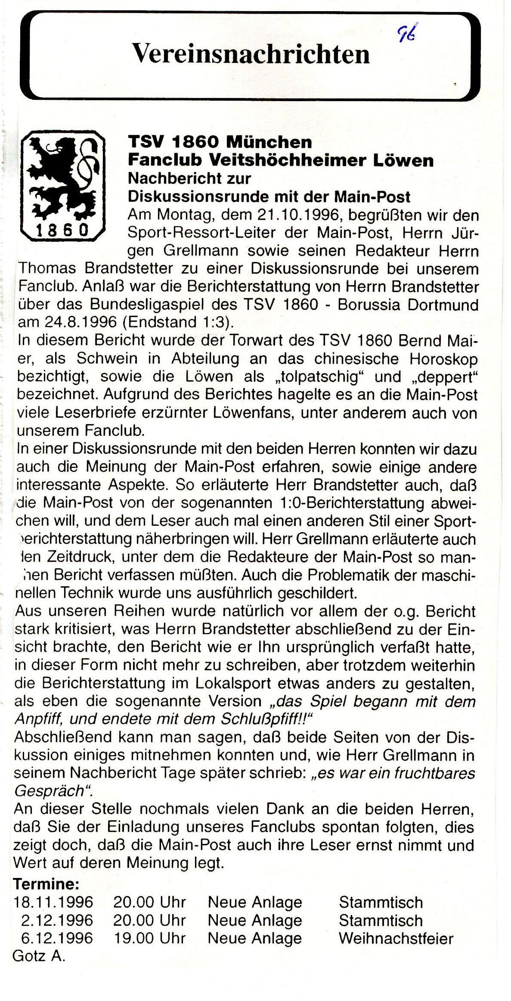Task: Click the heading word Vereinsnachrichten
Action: click(x=251, y=55)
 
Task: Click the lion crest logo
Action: click(x=63, y=186)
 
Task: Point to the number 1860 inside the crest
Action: click(x=63, y=230)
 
